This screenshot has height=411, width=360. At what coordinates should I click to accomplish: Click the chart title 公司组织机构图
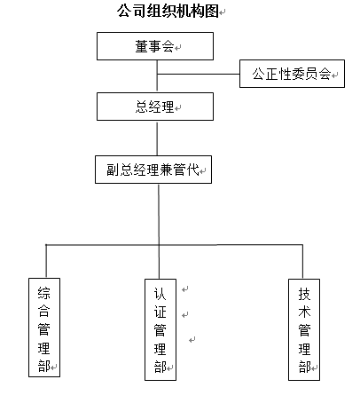tap(168, 12)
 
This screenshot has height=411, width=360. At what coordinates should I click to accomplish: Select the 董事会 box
tap(155, 46)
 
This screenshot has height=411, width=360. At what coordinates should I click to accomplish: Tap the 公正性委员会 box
tap(292, 74)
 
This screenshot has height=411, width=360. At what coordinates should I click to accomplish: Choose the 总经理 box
tap(155, 107)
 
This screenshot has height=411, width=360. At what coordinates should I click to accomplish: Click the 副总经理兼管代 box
tap(153, 170)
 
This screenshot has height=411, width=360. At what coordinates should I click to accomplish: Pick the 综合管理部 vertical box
tap(44, 328)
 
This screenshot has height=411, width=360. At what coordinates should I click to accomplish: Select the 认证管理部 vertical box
tap(160, 329)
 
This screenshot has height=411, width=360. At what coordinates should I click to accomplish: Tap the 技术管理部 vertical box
tap(304, 329)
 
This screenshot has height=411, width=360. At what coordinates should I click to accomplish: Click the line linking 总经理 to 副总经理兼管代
tap(157, 138)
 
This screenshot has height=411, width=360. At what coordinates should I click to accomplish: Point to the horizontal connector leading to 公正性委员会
tap(199, 74)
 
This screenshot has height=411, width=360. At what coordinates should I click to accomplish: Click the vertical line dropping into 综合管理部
tap(46, 261)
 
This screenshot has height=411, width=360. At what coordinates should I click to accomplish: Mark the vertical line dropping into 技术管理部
tap(302, 262)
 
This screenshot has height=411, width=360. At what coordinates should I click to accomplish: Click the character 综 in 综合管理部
tap(44, 293)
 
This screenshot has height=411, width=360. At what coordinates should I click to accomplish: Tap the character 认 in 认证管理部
tap(160, 294)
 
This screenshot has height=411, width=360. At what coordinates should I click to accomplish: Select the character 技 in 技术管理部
tap(304, 294)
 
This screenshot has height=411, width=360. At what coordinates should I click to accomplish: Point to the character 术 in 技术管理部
tap(304, 312)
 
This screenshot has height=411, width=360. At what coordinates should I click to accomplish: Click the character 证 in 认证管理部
tap(160, 312)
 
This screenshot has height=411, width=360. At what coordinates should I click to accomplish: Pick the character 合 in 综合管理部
tap(44, 311)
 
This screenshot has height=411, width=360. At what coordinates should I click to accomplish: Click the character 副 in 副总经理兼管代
tap(113, 170)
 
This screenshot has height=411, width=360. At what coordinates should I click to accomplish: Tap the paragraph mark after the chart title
tap(223, 12)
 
